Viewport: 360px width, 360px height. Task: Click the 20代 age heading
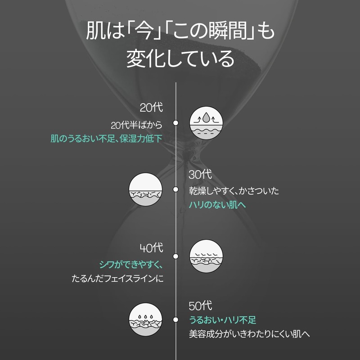(x=151, y=108)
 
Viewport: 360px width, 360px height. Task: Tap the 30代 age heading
(x=200, y=175)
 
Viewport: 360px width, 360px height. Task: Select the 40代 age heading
(x=152, y=248)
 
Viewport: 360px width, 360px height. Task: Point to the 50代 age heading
(x=200, y=306)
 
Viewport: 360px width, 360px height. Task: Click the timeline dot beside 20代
(x=175, y=123)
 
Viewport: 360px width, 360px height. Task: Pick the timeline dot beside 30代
(x=175, y=189)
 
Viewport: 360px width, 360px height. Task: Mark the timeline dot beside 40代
(x=175, y=256)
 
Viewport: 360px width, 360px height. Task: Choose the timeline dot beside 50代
(x=175, y=319)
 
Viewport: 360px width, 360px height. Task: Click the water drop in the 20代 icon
(x=206, y=117)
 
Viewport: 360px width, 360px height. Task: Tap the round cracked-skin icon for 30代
(x=145, y=189)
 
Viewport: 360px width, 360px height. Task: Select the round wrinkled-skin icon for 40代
(x=206, y=256)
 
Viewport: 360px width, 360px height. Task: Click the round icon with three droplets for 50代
(x=145, y=319)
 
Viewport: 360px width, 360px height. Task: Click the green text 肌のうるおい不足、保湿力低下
(x=107, y=139)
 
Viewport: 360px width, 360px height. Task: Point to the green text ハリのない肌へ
(x=217, y=205)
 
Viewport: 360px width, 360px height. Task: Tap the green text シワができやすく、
(x=131, y=265)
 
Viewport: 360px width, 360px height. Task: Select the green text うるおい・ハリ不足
(x=222, y=319)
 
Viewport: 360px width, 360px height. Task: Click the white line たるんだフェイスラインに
(x=117, y=279)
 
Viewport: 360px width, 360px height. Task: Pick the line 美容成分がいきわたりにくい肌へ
(x=249, y=334)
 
